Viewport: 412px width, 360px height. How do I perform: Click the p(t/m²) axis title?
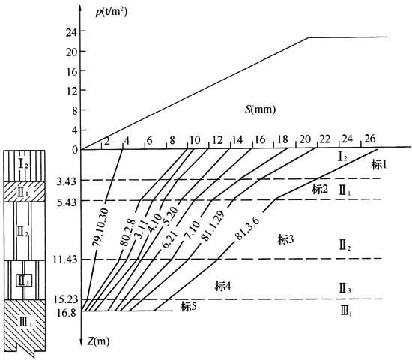click(112, 12)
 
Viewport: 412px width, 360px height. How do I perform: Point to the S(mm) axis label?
click(261, 109)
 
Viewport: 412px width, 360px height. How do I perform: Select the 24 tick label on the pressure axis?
click(72, 32)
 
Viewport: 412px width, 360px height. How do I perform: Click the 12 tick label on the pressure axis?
click(72, 91)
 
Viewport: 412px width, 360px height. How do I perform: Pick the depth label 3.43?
click(66, 181)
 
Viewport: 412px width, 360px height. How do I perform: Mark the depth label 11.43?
click(65, 259)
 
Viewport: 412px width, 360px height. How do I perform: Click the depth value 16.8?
click(67, 313)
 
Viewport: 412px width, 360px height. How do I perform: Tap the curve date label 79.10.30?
click(100, 227)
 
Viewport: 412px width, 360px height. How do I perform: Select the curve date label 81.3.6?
click(247, 229)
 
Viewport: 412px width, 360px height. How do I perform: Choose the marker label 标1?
click(379, 165)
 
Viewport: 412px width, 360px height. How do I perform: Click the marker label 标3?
click(285, 240)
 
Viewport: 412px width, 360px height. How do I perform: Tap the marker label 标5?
click(188, 307)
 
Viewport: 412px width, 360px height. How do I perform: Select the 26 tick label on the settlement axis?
click(370, 139)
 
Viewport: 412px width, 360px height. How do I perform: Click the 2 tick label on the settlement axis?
click(106, 141)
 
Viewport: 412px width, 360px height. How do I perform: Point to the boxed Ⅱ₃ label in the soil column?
click(24, 280)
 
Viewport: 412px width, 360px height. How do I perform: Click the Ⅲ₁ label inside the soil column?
click(25, 322)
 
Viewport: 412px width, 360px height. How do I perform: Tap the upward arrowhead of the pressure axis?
click(80, 6)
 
